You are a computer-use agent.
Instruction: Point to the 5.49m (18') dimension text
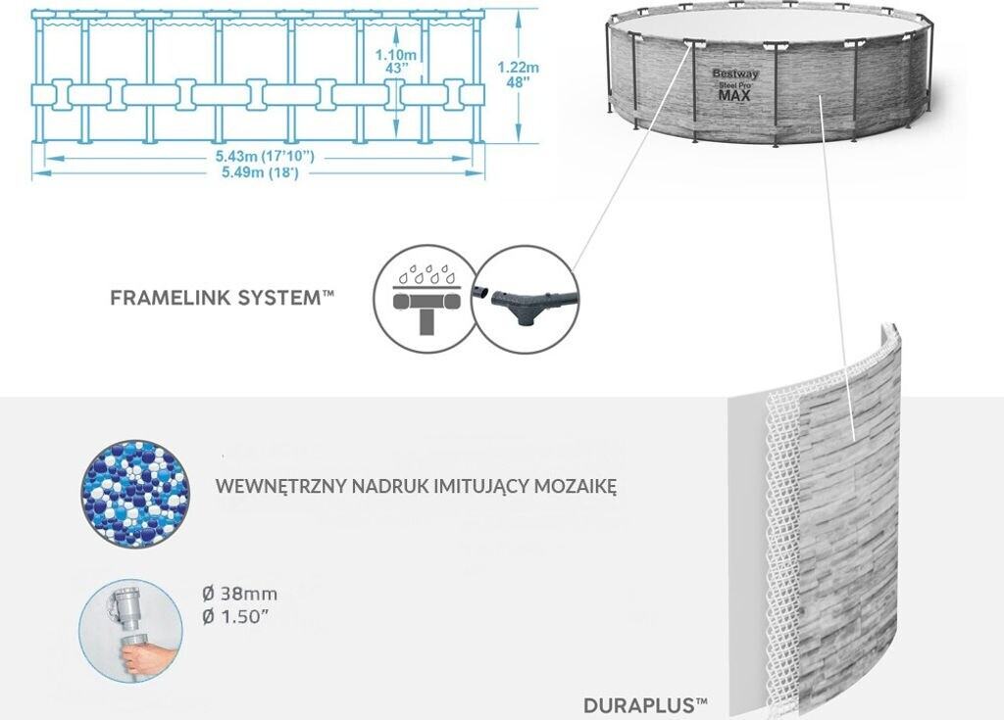(x=258, y=173)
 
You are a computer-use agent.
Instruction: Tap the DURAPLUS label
(x=645, y=704)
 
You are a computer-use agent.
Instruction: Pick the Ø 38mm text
(x=238, y=594)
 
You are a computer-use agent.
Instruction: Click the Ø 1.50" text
(x=238, y=615)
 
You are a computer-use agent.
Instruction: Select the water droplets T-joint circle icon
(x=424, y=298)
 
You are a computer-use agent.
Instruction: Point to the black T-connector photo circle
(x=526, y=298)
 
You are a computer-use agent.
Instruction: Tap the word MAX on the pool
(x=734, y=96)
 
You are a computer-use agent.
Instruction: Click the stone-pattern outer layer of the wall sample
(x=848, y=519)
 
